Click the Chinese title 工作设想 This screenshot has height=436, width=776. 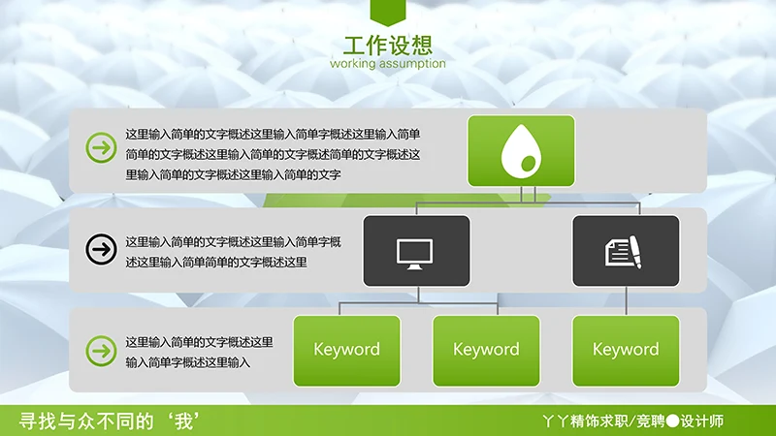(388, 45)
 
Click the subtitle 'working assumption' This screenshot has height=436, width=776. (388, 64)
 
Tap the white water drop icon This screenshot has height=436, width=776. (521, 151)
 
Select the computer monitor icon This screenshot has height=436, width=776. (416, 251)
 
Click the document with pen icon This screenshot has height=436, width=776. (626, 251)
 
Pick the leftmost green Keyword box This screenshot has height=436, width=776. (346, 350)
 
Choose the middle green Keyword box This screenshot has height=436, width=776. (486, 350)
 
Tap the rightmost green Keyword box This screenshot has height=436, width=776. (626, 350)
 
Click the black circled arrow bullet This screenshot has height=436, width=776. (100, 249)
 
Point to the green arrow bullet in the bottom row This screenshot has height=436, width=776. (100, 350)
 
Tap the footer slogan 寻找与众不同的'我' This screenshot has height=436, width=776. (115, 420)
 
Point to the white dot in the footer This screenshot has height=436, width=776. (671, 421)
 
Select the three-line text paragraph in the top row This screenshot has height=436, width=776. (273, 154)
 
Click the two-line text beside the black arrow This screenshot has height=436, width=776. (233, 251)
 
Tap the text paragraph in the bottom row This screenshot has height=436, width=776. (199, 352)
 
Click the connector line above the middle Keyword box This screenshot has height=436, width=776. (486, 305)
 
